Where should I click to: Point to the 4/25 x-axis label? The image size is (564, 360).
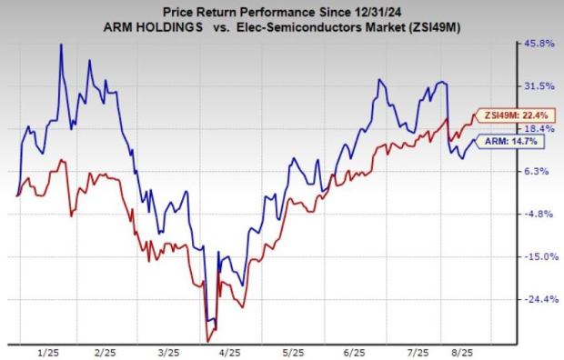[x=229, y=351]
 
